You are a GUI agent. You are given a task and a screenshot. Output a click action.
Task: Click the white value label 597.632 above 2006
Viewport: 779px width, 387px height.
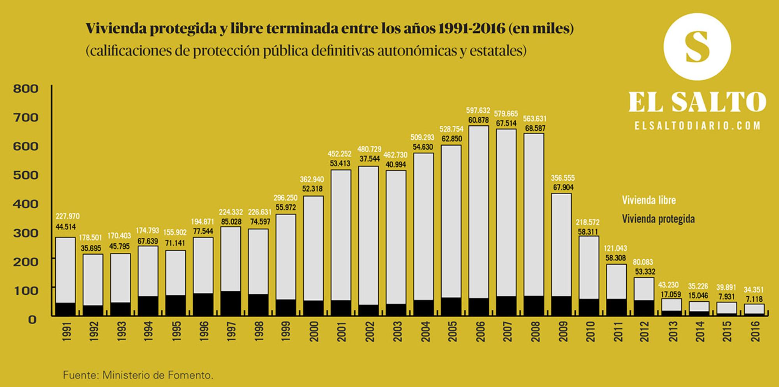[478, 111]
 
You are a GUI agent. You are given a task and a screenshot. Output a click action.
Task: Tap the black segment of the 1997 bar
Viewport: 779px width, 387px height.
[231, 303]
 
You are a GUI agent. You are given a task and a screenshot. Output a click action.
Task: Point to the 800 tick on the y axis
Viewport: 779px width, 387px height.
[26, 89]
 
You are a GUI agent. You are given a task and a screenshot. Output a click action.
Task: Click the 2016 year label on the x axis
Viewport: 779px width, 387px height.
[756, 331]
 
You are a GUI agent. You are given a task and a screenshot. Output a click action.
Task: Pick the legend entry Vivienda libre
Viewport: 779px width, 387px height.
[649, 200]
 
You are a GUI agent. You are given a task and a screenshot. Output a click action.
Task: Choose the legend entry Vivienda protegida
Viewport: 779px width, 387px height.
[658, 219]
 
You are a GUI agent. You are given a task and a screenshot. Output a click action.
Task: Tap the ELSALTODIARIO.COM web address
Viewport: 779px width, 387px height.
[697, 126]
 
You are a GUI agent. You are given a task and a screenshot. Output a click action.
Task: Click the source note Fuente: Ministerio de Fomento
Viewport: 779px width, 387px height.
[138, 375]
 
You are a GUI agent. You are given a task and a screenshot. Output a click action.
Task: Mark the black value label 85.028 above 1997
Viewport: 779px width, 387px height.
[231, 222]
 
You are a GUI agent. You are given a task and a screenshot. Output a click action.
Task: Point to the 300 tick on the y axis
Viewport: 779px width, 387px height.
[26, 233]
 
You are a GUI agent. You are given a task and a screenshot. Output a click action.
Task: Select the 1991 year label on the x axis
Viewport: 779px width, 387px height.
[67, 331]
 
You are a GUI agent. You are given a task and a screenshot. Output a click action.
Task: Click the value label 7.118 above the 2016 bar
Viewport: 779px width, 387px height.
[754, 299]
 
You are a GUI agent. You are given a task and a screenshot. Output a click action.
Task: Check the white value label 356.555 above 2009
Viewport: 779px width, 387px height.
[562, 178]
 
